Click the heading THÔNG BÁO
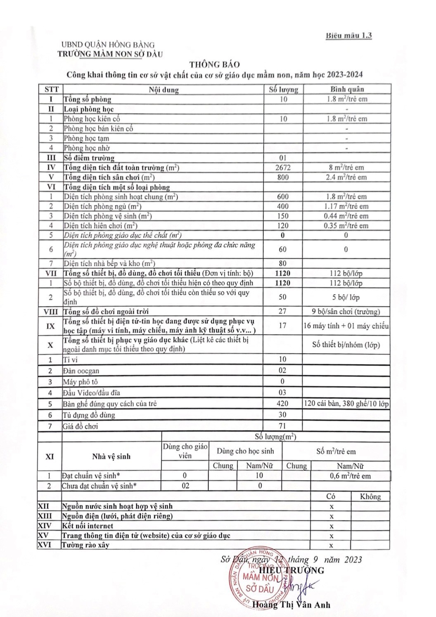click(214, 64)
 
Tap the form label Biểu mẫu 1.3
click(348, 35)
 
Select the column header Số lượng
click(283, 89)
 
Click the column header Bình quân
click(347, 89)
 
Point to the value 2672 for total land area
click(283, 167)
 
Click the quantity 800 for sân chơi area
click(283, 177)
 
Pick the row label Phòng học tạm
click(86, 138)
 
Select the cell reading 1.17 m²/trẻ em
click(346, 206)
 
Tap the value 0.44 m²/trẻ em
click(346, 216)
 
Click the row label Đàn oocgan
click(81, 371)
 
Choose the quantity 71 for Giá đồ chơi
click(283, 426)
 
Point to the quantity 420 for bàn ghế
click(283, 403)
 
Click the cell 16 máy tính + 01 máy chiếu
click(346, 326)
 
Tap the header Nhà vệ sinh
click(111, 456)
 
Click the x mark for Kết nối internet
click(331, 526)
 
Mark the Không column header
click(370, 497)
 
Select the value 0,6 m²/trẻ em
click(350, 476)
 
